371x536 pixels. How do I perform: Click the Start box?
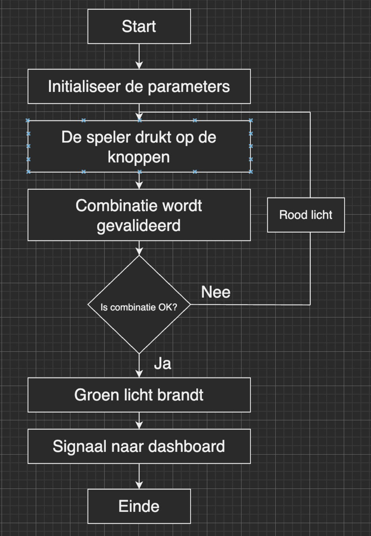(139, 26)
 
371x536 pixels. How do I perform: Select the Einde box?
(139, 506)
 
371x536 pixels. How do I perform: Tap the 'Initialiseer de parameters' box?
(139, 87)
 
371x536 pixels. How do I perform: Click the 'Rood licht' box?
(306, 215)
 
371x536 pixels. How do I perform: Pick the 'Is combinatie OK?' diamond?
(139, 305)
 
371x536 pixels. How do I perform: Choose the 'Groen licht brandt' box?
(139, 395)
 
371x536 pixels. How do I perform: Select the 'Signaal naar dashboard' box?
(139, 446)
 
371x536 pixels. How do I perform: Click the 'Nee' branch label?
(216, 292)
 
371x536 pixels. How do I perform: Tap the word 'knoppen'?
(139, 157)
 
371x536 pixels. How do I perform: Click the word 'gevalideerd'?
(139, 226)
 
